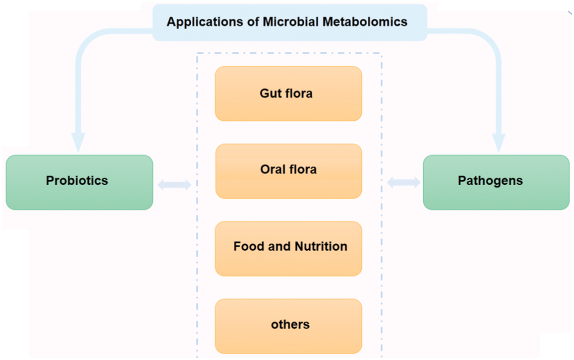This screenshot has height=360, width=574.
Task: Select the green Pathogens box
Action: [x=496, y=182]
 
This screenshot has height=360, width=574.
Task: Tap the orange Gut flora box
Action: [x=289, y=94]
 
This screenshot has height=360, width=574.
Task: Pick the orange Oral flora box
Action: [x=289, y=171]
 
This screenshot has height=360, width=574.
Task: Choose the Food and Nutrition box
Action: [x=289, y=248]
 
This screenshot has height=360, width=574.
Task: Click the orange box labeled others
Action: [x=289, y=326]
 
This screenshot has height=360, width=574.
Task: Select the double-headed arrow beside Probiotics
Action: [x=174, y=185]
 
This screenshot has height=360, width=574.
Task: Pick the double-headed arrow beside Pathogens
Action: [x=403, y=183]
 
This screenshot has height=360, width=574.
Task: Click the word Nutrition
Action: [x=321, y=247]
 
